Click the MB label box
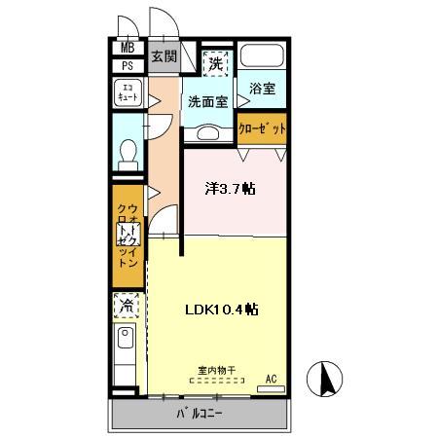click(x=128, y=49)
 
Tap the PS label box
click(x=128, y=66)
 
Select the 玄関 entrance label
click(x=163, y=56)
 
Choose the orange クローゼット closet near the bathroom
click(x=262, y=128)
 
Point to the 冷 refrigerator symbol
click(x=127, y=307)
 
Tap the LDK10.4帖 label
click(x=222, y=310)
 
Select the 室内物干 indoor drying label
click(x=217, y=370)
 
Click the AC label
click(x=272, y=378)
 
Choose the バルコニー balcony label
click(x=199, y=414)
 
